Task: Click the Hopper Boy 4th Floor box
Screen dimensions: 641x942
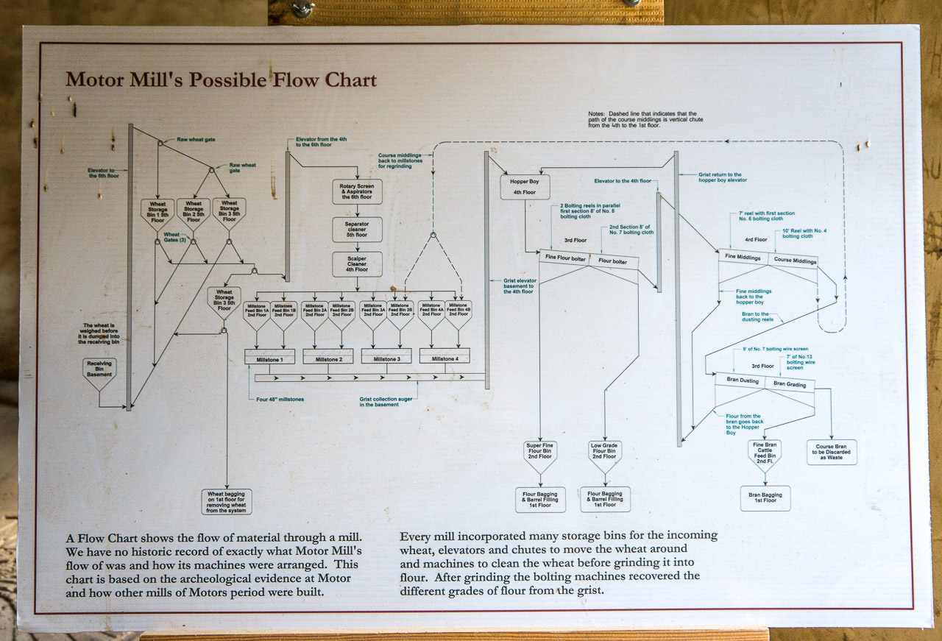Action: point(525,186)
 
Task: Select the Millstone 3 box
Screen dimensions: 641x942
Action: point(386,358)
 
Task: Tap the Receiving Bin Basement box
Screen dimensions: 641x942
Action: point(99,370)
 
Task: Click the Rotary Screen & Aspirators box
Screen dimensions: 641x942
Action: point(357,191)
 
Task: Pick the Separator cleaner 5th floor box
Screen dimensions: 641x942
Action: point(357,229)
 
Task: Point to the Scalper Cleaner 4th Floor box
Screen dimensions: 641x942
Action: point(357,263)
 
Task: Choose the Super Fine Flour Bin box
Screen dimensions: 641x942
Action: point(539,453)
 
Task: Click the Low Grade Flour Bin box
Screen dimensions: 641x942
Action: point(604,453)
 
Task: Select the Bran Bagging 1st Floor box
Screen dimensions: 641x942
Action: point(765,497)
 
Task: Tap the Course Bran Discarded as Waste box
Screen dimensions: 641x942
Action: point(832,452)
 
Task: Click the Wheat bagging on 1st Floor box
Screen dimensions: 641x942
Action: point(227,502)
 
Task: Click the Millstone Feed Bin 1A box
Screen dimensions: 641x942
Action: point(256,311)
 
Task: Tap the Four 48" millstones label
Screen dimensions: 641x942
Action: point(280,400)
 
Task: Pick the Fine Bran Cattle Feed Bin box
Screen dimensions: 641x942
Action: point(765,452)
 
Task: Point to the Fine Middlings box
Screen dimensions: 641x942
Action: point(743,257)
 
